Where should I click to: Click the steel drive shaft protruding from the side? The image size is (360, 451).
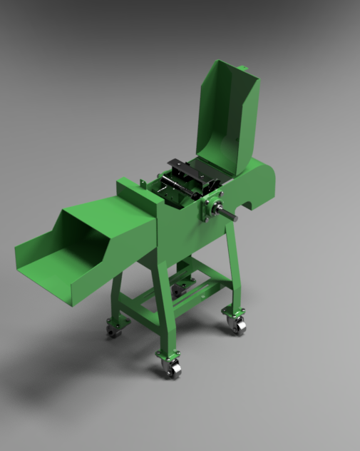227,213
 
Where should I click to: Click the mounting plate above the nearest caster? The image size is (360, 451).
169,355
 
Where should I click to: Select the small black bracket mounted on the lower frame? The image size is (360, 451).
179,291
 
